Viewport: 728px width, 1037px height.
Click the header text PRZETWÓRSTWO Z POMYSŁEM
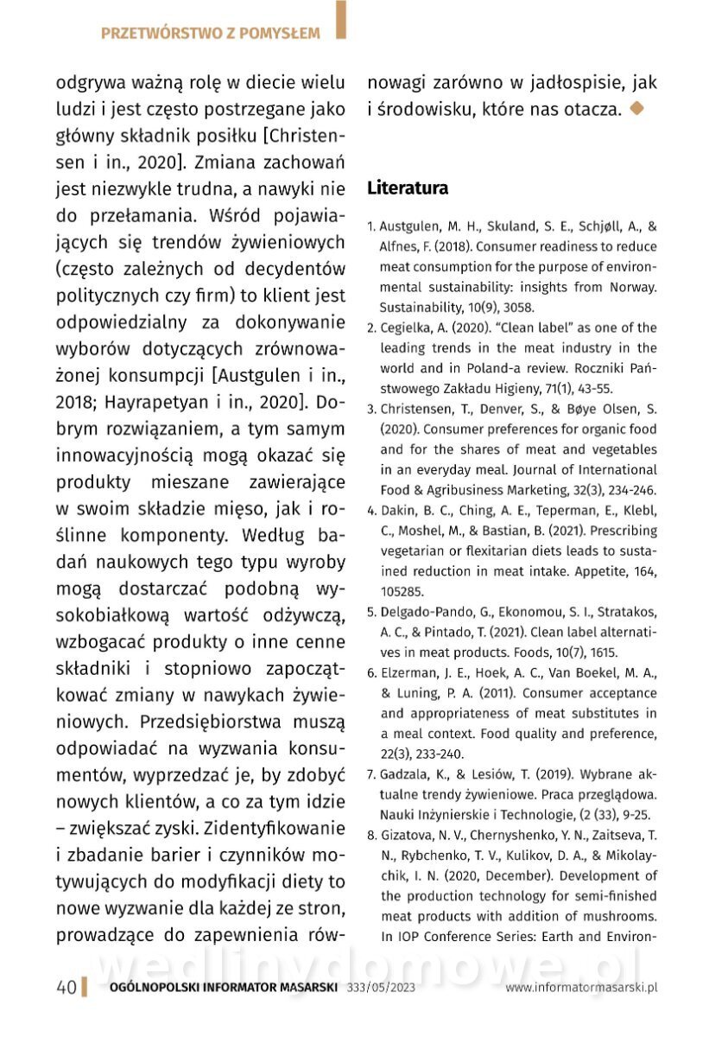tap(210, 34)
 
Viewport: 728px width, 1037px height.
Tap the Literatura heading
tap(408, 188)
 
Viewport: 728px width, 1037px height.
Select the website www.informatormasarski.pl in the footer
tap(581, 988)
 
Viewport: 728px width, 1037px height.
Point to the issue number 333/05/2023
tap(381, 988)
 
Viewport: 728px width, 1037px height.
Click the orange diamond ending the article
tap(636, 109)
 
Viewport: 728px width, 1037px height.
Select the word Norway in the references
tap(632, 287)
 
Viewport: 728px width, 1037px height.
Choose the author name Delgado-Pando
tap(425, 612)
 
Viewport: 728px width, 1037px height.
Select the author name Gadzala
tap(406, 773)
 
